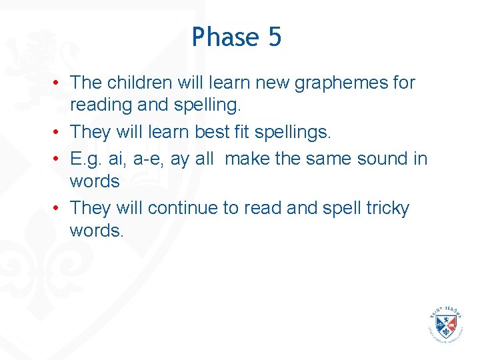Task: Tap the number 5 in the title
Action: pyautogui.click(x=275, y=37)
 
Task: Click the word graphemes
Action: pyautogui.click(x=331, y=83)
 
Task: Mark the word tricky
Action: pyautogui.click(x=387, y=209)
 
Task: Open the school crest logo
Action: pyautogui.click(x=446, y=325)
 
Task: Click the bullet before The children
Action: pyautogui.click(x=59, y=83)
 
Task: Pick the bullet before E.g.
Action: pyautogui.click(x=59, y=159)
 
